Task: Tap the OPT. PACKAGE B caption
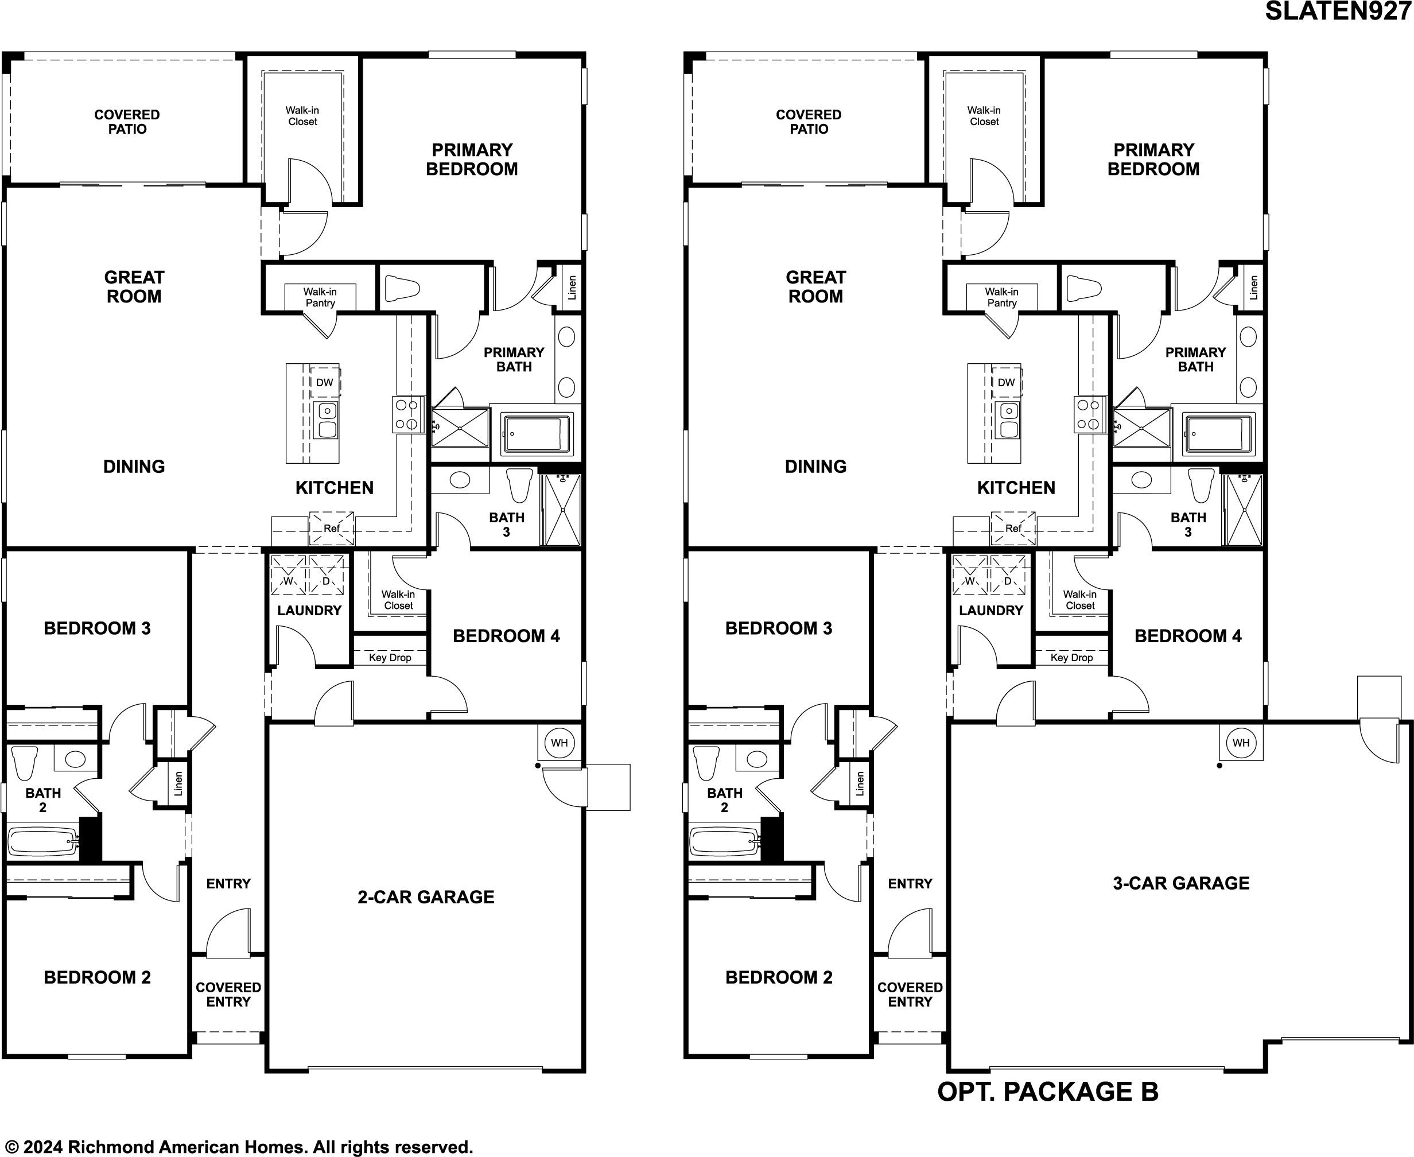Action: point(1047,1092)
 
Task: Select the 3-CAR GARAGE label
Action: point(1181,883)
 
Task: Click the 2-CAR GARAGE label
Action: point(426,897)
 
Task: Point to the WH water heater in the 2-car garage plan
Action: point(559,743)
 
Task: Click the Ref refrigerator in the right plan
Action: point(1013,529)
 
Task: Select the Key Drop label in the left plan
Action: point(390,658)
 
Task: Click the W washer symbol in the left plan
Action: point(288,575)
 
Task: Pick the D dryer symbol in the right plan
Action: point(1008,575)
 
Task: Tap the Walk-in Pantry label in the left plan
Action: point(320,297)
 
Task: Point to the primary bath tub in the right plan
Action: point(1219,434)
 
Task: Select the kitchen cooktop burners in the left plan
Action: point(408,414)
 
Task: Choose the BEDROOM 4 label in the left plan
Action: point(506,636)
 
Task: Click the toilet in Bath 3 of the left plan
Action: point(520,485)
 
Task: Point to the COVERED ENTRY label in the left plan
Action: point(228,995)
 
